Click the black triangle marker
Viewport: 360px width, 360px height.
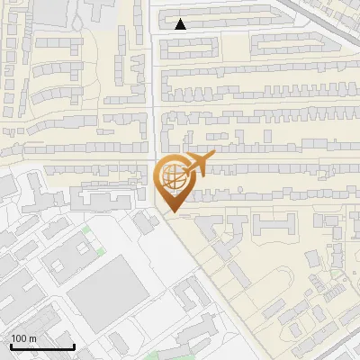(181, 24)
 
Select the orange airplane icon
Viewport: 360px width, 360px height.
(197, 164)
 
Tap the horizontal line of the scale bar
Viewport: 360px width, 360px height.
(41, 346)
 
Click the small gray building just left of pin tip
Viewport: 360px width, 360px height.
(143, 223)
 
